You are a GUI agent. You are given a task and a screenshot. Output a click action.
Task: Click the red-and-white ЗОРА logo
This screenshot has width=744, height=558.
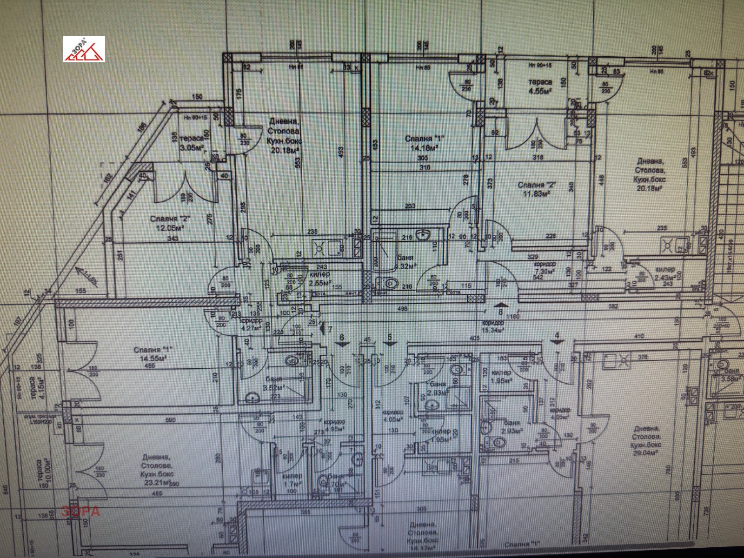coord(84,49)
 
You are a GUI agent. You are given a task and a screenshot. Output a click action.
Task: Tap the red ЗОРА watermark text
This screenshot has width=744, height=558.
coord(81,511)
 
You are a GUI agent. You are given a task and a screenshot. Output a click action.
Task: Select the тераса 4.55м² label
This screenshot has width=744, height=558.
coord(540,86)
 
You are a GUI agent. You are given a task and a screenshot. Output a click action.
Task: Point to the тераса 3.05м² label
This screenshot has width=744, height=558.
coord(191,143)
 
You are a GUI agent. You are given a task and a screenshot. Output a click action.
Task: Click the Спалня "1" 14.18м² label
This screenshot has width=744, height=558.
coord(424,143)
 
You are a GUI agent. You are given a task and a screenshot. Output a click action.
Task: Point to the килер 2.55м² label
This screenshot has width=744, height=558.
coord(319,278)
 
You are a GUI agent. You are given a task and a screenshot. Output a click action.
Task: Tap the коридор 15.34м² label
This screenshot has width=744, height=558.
coord(493,326)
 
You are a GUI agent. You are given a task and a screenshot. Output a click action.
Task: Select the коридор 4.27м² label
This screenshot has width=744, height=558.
coord(251,324)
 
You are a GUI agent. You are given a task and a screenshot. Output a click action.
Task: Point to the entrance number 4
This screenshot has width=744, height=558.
coord(557,335)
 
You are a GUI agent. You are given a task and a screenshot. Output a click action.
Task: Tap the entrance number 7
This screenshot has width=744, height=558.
coord(330,329)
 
